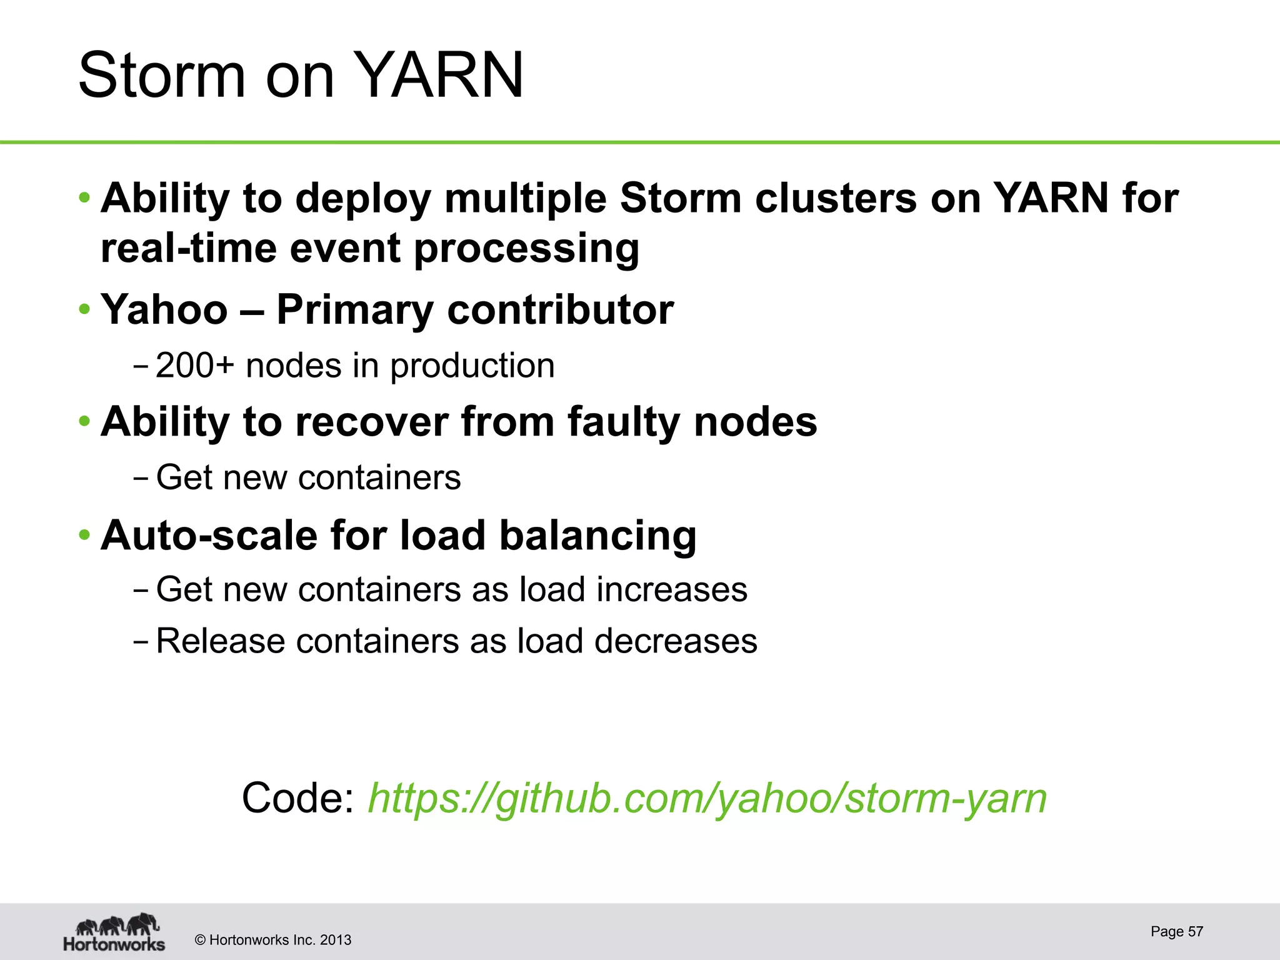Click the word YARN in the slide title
441,76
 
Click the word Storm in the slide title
161,76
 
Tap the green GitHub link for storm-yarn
707,798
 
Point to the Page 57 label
1176,931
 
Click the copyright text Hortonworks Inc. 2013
273,940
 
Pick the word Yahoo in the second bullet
164,309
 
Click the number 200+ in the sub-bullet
194,366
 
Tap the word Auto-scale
209,536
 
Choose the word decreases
676,641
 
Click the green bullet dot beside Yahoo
84,309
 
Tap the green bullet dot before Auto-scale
84,535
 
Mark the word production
472,366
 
